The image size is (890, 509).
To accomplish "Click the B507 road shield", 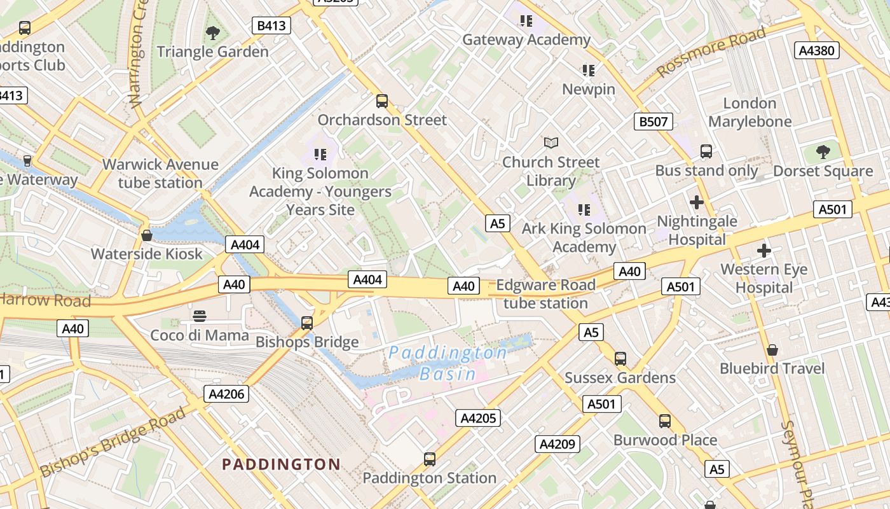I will point(653,122).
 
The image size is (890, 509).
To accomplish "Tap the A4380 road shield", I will point(817,50).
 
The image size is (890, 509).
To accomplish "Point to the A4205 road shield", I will point(478,418).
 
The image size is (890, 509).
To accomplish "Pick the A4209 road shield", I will point(557,444).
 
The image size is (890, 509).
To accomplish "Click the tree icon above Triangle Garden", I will point(213,32).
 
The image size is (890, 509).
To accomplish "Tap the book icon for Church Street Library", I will point(551,143).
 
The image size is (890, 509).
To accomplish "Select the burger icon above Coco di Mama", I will point(200,316).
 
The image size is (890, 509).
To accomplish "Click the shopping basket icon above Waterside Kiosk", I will point(147,235).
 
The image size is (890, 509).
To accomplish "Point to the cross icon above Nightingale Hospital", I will point(697,203).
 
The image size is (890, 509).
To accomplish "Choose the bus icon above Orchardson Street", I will point(382,101).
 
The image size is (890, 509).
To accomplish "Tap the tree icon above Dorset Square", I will point(823,152).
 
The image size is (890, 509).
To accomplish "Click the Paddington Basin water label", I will point(448,363).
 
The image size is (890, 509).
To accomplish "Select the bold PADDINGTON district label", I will point(281,464).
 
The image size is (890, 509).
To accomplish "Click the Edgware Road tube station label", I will point(545,294).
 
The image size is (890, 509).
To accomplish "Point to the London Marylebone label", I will point(750,112).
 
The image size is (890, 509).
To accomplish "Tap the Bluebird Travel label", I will point(772,368).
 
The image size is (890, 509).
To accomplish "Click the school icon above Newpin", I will point(589,70).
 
